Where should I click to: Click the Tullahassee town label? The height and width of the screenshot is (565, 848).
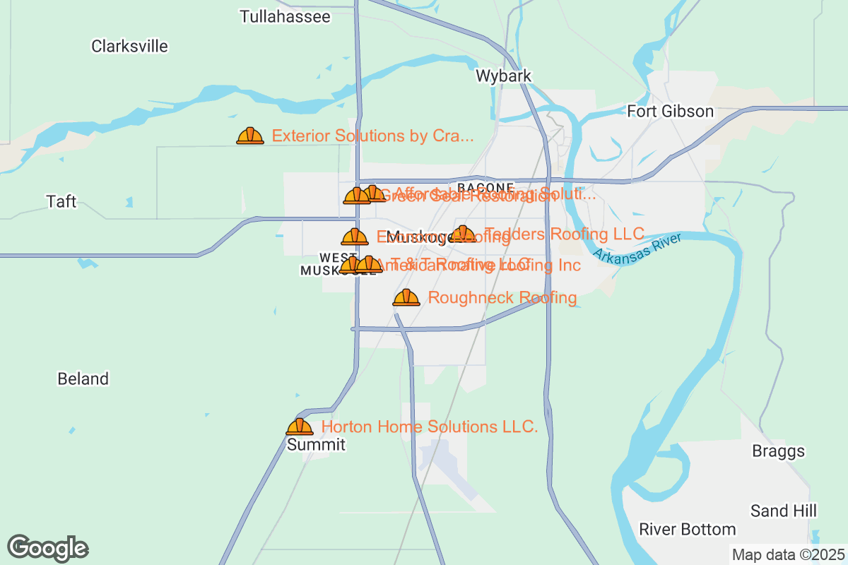tap(285, 17)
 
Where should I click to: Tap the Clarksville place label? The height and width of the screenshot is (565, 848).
tap(130, 47)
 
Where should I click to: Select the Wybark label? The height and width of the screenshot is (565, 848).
tap(503, 76)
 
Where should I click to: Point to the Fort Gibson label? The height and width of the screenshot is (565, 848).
tap(671, 112)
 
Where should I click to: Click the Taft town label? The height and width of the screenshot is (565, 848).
tap(61, 201)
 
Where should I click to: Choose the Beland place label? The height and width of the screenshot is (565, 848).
tap(83, 379)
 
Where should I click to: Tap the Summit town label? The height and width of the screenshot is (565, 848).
tap(316, 445)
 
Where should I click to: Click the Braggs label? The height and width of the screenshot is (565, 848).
tap(778, 451)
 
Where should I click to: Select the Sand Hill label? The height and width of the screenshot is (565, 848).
tap(784, 511)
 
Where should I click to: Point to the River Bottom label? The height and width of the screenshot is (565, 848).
tap(688, 529)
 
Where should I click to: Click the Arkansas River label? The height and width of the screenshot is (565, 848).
tap(637, 246)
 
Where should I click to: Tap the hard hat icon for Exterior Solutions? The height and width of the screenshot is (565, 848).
tap(250, 136)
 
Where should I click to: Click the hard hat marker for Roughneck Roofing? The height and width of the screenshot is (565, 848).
tap(406, 297)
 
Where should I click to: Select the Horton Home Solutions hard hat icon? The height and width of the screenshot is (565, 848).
tap(300, 427)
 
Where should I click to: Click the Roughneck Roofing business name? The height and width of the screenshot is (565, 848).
tap(502, 298)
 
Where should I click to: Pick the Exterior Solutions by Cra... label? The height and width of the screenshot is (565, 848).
tap(372, 136)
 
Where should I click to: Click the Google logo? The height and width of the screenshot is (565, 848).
tap(48, 548)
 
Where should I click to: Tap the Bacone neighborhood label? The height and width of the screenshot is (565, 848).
tap(485, 187)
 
